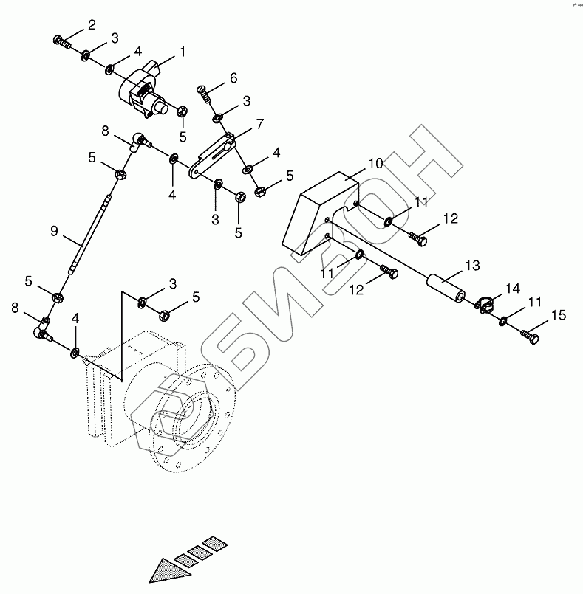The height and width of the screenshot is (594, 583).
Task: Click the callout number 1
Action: [182, 52]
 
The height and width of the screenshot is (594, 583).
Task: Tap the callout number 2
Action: [92, 25]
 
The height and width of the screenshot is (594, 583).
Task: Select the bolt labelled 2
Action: [63, 41]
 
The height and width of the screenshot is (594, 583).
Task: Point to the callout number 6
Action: [233, 77]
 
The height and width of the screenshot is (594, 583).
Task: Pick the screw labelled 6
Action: [205, 92]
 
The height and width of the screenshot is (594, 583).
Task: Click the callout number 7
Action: [260, 123]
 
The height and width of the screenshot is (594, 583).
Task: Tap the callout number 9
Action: [53, 231]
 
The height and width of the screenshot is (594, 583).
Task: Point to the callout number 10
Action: [376, 163]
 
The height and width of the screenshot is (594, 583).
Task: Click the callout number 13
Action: [472, 265]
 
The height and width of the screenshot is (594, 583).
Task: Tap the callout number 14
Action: [512, 288]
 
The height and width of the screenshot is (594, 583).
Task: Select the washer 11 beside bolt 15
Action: [503, 320]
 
